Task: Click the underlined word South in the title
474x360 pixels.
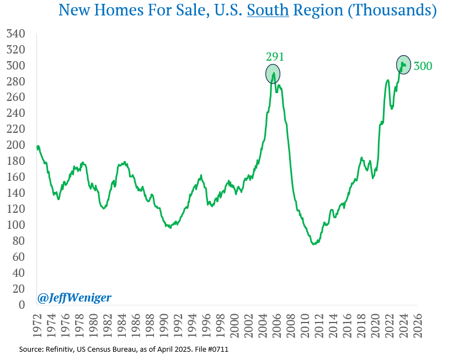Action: pos(268,10)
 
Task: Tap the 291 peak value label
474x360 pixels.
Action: pos(275,56)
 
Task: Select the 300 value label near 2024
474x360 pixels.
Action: pos(423,66)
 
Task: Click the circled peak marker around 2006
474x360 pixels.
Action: pos(273,73)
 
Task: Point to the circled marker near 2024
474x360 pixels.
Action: pos(403,65)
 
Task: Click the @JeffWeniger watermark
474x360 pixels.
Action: pos(74,298)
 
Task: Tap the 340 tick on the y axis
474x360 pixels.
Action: pos(15,34)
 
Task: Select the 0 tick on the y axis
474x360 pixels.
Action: pos(22,304)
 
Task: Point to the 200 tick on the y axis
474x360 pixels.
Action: pos(15,145)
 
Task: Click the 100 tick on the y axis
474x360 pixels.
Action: pos(15,225)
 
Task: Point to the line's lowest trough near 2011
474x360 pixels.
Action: pos(314,244)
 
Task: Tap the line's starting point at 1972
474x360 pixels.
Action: pos(37,147)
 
